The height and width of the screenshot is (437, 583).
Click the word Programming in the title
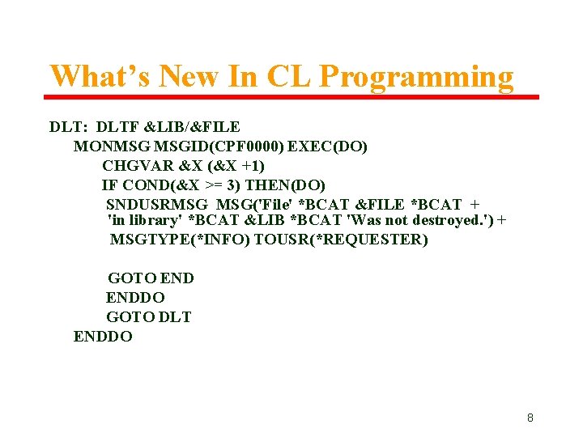point(416,77)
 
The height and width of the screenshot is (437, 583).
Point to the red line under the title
point(291,97)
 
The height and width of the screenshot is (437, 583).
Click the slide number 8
point(530,418)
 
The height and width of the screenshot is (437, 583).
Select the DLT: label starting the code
point(70,127)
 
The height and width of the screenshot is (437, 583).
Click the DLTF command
point(117,127)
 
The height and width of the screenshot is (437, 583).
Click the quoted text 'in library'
point(144,221)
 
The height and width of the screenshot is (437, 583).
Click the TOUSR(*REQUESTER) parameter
point(341,240)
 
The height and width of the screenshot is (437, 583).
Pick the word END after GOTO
point(177,278)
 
